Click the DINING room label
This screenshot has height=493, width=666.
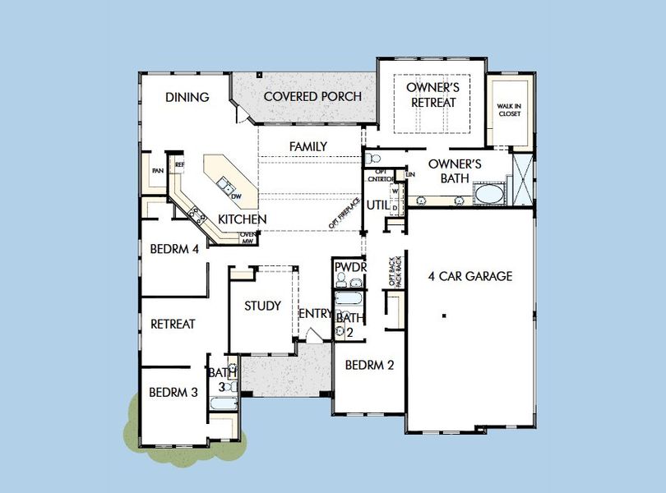point(187,97)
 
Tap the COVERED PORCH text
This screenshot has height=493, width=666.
point(312,96)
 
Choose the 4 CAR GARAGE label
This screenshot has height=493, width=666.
point(470,276)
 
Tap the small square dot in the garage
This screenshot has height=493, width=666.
point(443,315)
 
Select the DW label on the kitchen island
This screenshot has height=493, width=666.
point(236,196)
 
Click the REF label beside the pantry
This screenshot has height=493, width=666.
point(179,164)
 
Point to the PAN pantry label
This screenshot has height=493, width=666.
point(156,171)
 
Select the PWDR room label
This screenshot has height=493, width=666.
point(349,266)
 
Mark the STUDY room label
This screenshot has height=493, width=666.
point(262,306)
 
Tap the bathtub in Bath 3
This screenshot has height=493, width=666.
point(224,403)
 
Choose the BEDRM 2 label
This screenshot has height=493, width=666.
point(369,365)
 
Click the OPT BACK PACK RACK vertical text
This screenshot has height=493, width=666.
point(395,270)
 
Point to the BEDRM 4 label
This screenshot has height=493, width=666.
point(174,249)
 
